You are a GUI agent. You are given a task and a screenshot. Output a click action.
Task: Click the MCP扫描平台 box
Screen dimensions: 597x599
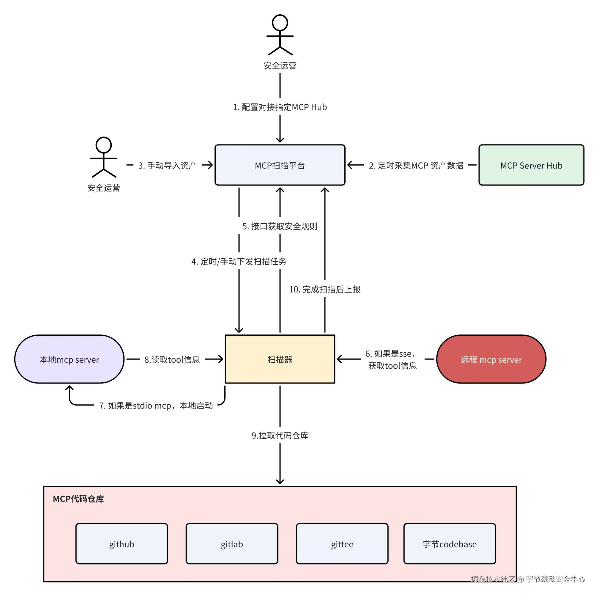280,165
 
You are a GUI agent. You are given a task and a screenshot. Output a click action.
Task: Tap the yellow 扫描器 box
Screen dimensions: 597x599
280,359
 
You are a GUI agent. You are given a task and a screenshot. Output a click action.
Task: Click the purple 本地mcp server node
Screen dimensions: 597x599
69,359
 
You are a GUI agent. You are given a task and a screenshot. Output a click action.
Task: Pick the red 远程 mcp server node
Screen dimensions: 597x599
491,359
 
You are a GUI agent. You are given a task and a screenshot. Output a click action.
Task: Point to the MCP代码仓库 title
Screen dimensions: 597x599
78,499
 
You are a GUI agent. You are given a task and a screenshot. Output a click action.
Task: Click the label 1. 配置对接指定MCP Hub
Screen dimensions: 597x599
280,107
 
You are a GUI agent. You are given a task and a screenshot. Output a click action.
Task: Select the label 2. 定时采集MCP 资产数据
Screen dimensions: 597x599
416,165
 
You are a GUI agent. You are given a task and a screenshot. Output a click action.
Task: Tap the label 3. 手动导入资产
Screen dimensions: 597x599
167,165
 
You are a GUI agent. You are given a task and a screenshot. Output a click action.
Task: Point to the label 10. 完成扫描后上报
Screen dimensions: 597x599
325,289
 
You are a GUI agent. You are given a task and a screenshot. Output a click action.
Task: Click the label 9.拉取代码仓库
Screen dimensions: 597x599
280,435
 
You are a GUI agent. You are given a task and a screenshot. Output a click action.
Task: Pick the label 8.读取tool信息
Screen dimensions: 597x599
172,359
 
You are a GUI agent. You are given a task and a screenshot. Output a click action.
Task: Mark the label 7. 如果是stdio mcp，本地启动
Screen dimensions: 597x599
156,405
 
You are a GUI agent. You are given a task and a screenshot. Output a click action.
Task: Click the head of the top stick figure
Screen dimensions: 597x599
280,23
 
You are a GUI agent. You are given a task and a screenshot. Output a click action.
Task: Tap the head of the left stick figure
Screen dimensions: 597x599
104,145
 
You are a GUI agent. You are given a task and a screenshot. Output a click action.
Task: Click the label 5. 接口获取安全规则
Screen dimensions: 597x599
280,226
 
